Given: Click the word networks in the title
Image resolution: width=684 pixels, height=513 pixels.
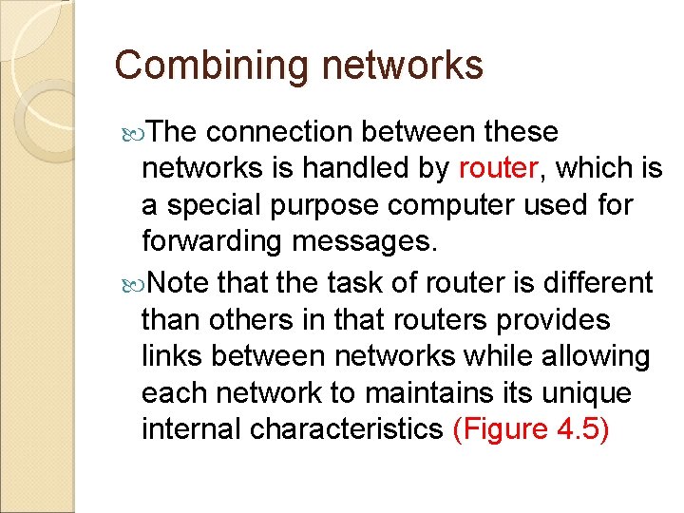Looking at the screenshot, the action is (x=403, y=66).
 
